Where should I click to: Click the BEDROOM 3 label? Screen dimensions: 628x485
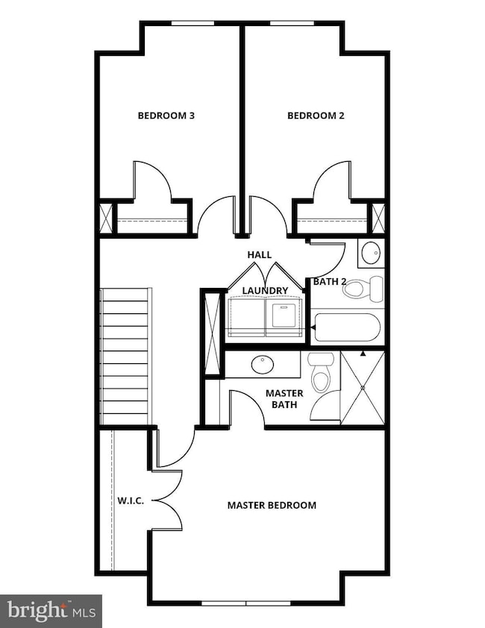pyautogui.click(x=166, y=116)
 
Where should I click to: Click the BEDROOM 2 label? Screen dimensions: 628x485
pyautogui.click(x=316, y=116)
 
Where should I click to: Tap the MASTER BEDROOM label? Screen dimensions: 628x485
pyautogui.click(x=272, y=505)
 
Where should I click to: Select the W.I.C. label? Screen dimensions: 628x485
pyautogui.click(x=131, y=500)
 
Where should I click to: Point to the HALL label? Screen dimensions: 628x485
pyautogui.click(x=260, y=255)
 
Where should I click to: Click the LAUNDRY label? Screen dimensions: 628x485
pyautogui.click(x=265, y=290)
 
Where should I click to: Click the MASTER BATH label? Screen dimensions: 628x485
pyautogui.click(x=284, y=399)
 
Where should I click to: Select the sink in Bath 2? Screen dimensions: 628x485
pyautogui.click(x=371, y=254)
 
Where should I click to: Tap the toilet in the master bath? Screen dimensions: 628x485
pyautogui.click(x=319, y=374)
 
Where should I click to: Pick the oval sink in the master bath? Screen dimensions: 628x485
pyautogui.click(x=263, y=365)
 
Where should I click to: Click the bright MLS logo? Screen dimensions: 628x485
pyautogui.click(x=51, y=611)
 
